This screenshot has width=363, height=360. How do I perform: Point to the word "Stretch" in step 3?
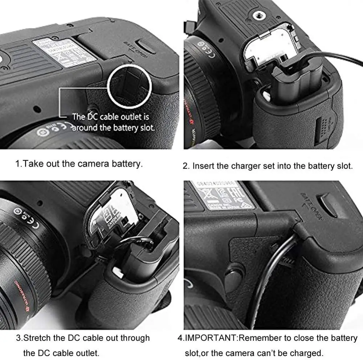pyautogui.click(x=38, y=338)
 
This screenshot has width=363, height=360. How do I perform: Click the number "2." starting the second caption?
pyautogui.click(x=186, y=166)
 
